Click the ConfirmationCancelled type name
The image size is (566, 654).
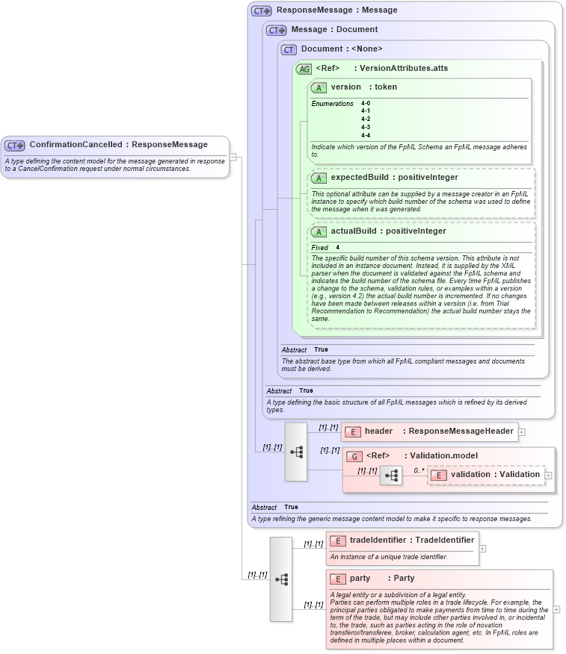point(76,145)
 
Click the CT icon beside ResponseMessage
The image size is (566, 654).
point(261,11)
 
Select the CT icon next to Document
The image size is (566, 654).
point(289,49)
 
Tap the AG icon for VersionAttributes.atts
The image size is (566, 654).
point(304,69)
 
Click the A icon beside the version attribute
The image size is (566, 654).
point(319,87)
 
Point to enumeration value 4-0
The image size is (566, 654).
point(366,103)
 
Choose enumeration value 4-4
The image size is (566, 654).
point(366,135)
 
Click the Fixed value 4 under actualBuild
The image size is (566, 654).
point(338,247)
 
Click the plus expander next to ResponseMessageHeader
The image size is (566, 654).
point(522,432)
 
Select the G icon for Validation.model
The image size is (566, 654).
point(355,456)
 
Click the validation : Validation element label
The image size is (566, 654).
point(495,475)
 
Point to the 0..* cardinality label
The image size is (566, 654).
point(419,471)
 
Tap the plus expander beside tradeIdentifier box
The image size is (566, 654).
point(482,549)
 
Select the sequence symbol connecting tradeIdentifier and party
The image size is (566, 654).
point(281,579)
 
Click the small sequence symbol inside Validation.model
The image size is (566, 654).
point(390,475)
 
